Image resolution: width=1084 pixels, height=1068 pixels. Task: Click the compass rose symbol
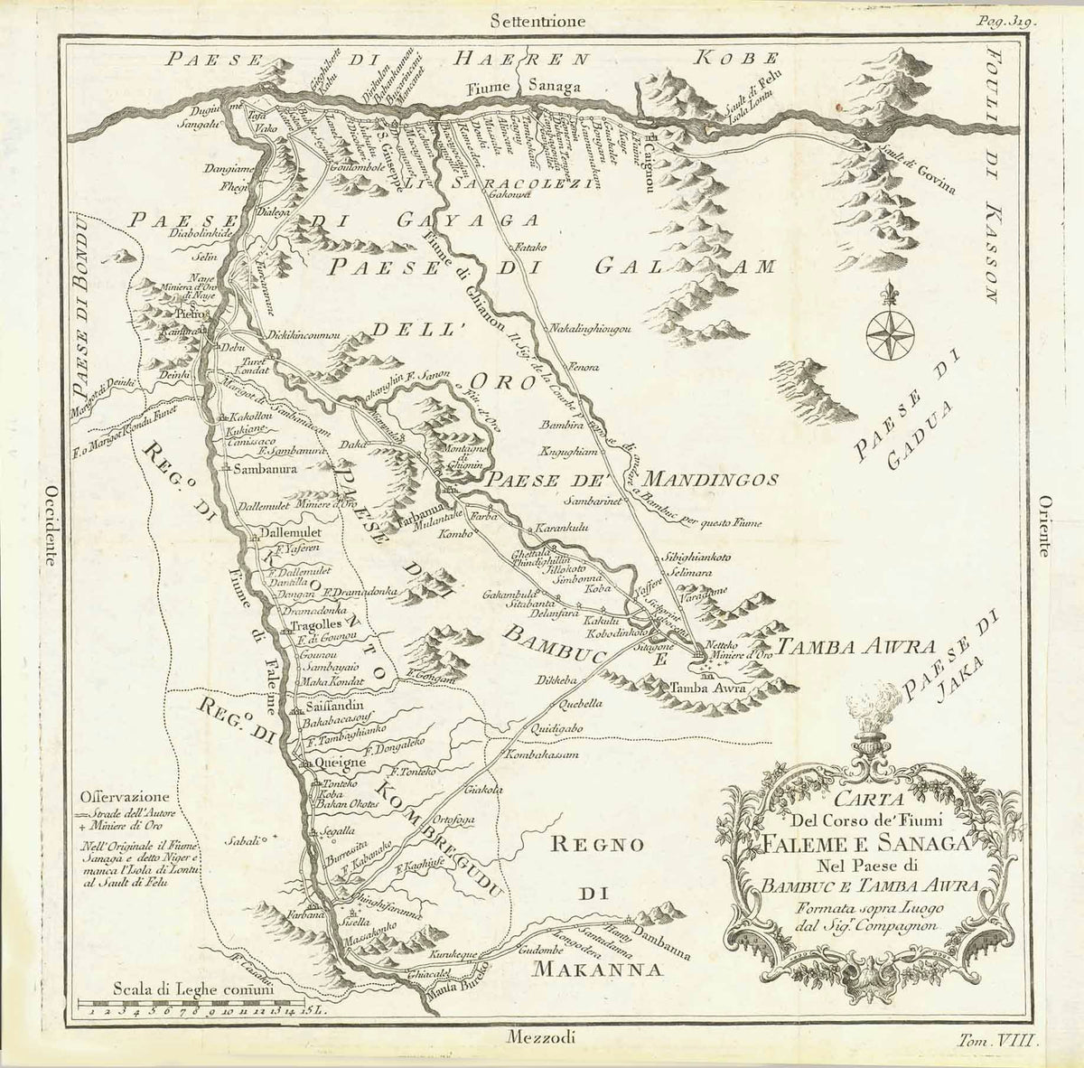click(890, 331)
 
